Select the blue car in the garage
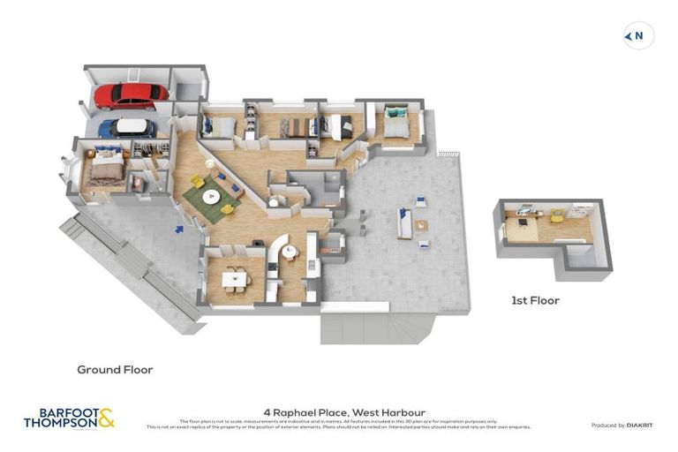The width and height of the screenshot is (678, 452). (126, 127)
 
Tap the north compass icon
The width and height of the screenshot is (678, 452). (637, 36)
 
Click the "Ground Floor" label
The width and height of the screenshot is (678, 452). (115, 370)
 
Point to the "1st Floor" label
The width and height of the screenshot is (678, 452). (535, 300)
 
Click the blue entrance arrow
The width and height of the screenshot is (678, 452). (179, 230)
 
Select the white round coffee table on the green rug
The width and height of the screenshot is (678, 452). (212, 196)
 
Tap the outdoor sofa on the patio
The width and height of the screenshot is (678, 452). (405, 224)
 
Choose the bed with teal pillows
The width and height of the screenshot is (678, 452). (394, 123)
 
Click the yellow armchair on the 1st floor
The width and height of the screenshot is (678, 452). (558, 215)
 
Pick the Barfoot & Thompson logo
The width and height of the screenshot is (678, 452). (69, 418)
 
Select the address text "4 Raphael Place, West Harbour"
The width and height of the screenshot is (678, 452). (343, 411)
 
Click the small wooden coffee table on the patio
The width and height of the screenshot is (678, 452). (422, 224)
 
